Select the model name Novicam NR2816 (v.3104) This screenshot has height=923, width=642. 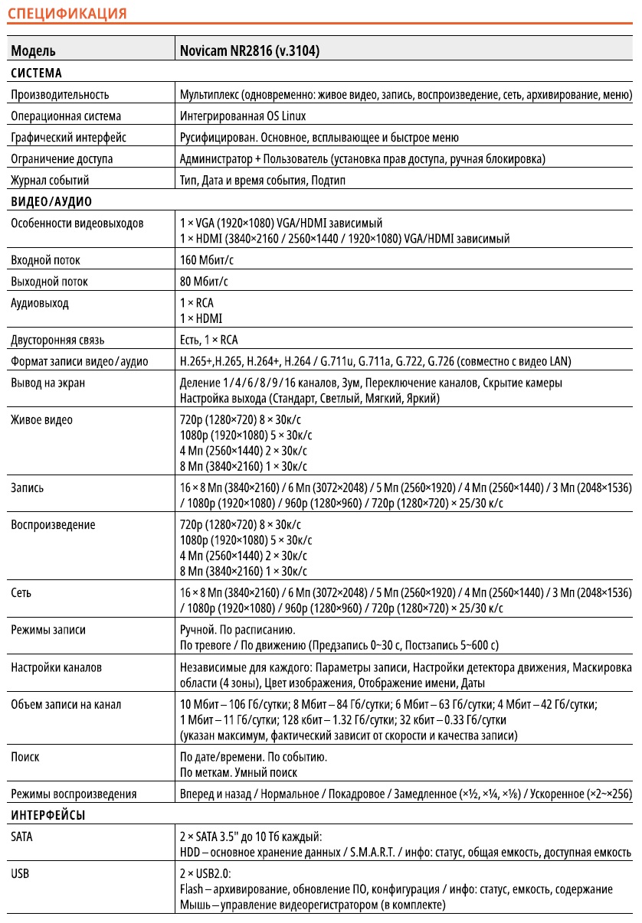click(249, 51)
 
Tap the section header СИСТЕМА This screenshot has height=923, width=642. click(37, 73)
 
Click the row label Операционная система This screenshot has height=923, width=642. click(66, 116)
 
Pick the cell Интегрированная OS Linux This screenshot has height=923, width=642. click(242, 116)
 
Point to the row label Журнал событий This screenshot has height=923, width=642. click(50, 181)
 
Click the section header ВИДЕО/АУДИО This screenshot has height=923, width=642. click(51, 202)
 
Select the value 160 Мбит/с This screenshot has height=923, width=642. click(205, 260)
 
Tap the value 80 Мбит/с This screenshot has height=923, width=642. click(203, 282)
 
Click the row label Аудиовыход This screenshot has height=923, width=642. click(40, 303)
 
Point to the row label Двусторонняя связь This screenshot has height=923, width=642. click(57, 340)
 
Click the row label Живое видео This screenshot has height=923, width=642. click(42, 420)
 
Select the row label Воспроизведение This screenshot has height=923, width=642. click(53, 525)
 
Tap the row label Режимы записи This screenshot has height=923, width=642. click(48, 630)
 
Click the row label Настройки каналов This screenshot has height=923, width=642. click(56, 667)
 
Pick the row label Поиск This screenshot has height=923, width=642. click(25, 757)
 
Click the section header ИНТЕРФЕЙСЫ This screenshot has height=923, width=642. click(48, 816)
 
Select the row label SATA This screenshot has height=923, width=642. click(22, 837)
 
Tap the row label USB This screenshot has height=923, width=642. click(21, 874)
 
